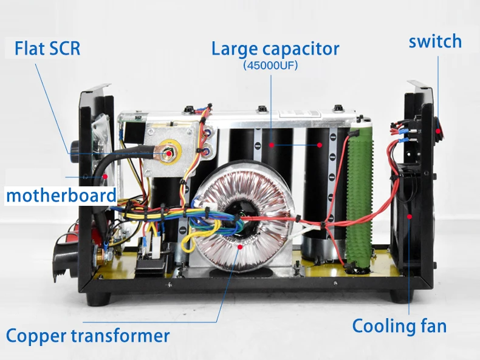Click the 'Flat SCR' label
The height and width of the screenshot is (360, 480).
coord(47,49)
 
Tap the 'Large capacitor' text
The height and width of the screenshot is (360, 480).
coord(275,49)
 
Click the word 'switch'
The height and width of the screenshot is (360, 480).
coord(435,41)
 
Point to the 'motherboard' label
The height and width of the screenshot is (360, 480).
coord(61,195)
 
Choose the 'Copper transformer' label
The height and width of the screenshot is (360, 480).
coord(88,336)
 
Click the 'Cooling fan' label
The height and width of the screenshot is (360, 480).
coord(399,326)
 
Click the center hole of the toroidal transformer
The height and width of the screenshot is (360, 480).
coord(237,217)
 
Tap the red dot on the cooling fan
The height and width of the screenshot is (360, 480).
coord(409,220)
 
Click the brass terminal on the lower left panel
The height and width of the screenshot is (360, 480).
coord(97,254)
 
